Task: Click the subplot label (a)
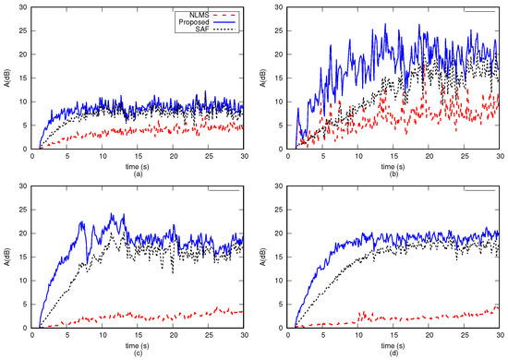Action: [137, 173]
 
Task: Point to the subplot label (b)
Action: [393, 173]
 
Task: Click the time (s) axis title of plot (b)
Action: [393, 163]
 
